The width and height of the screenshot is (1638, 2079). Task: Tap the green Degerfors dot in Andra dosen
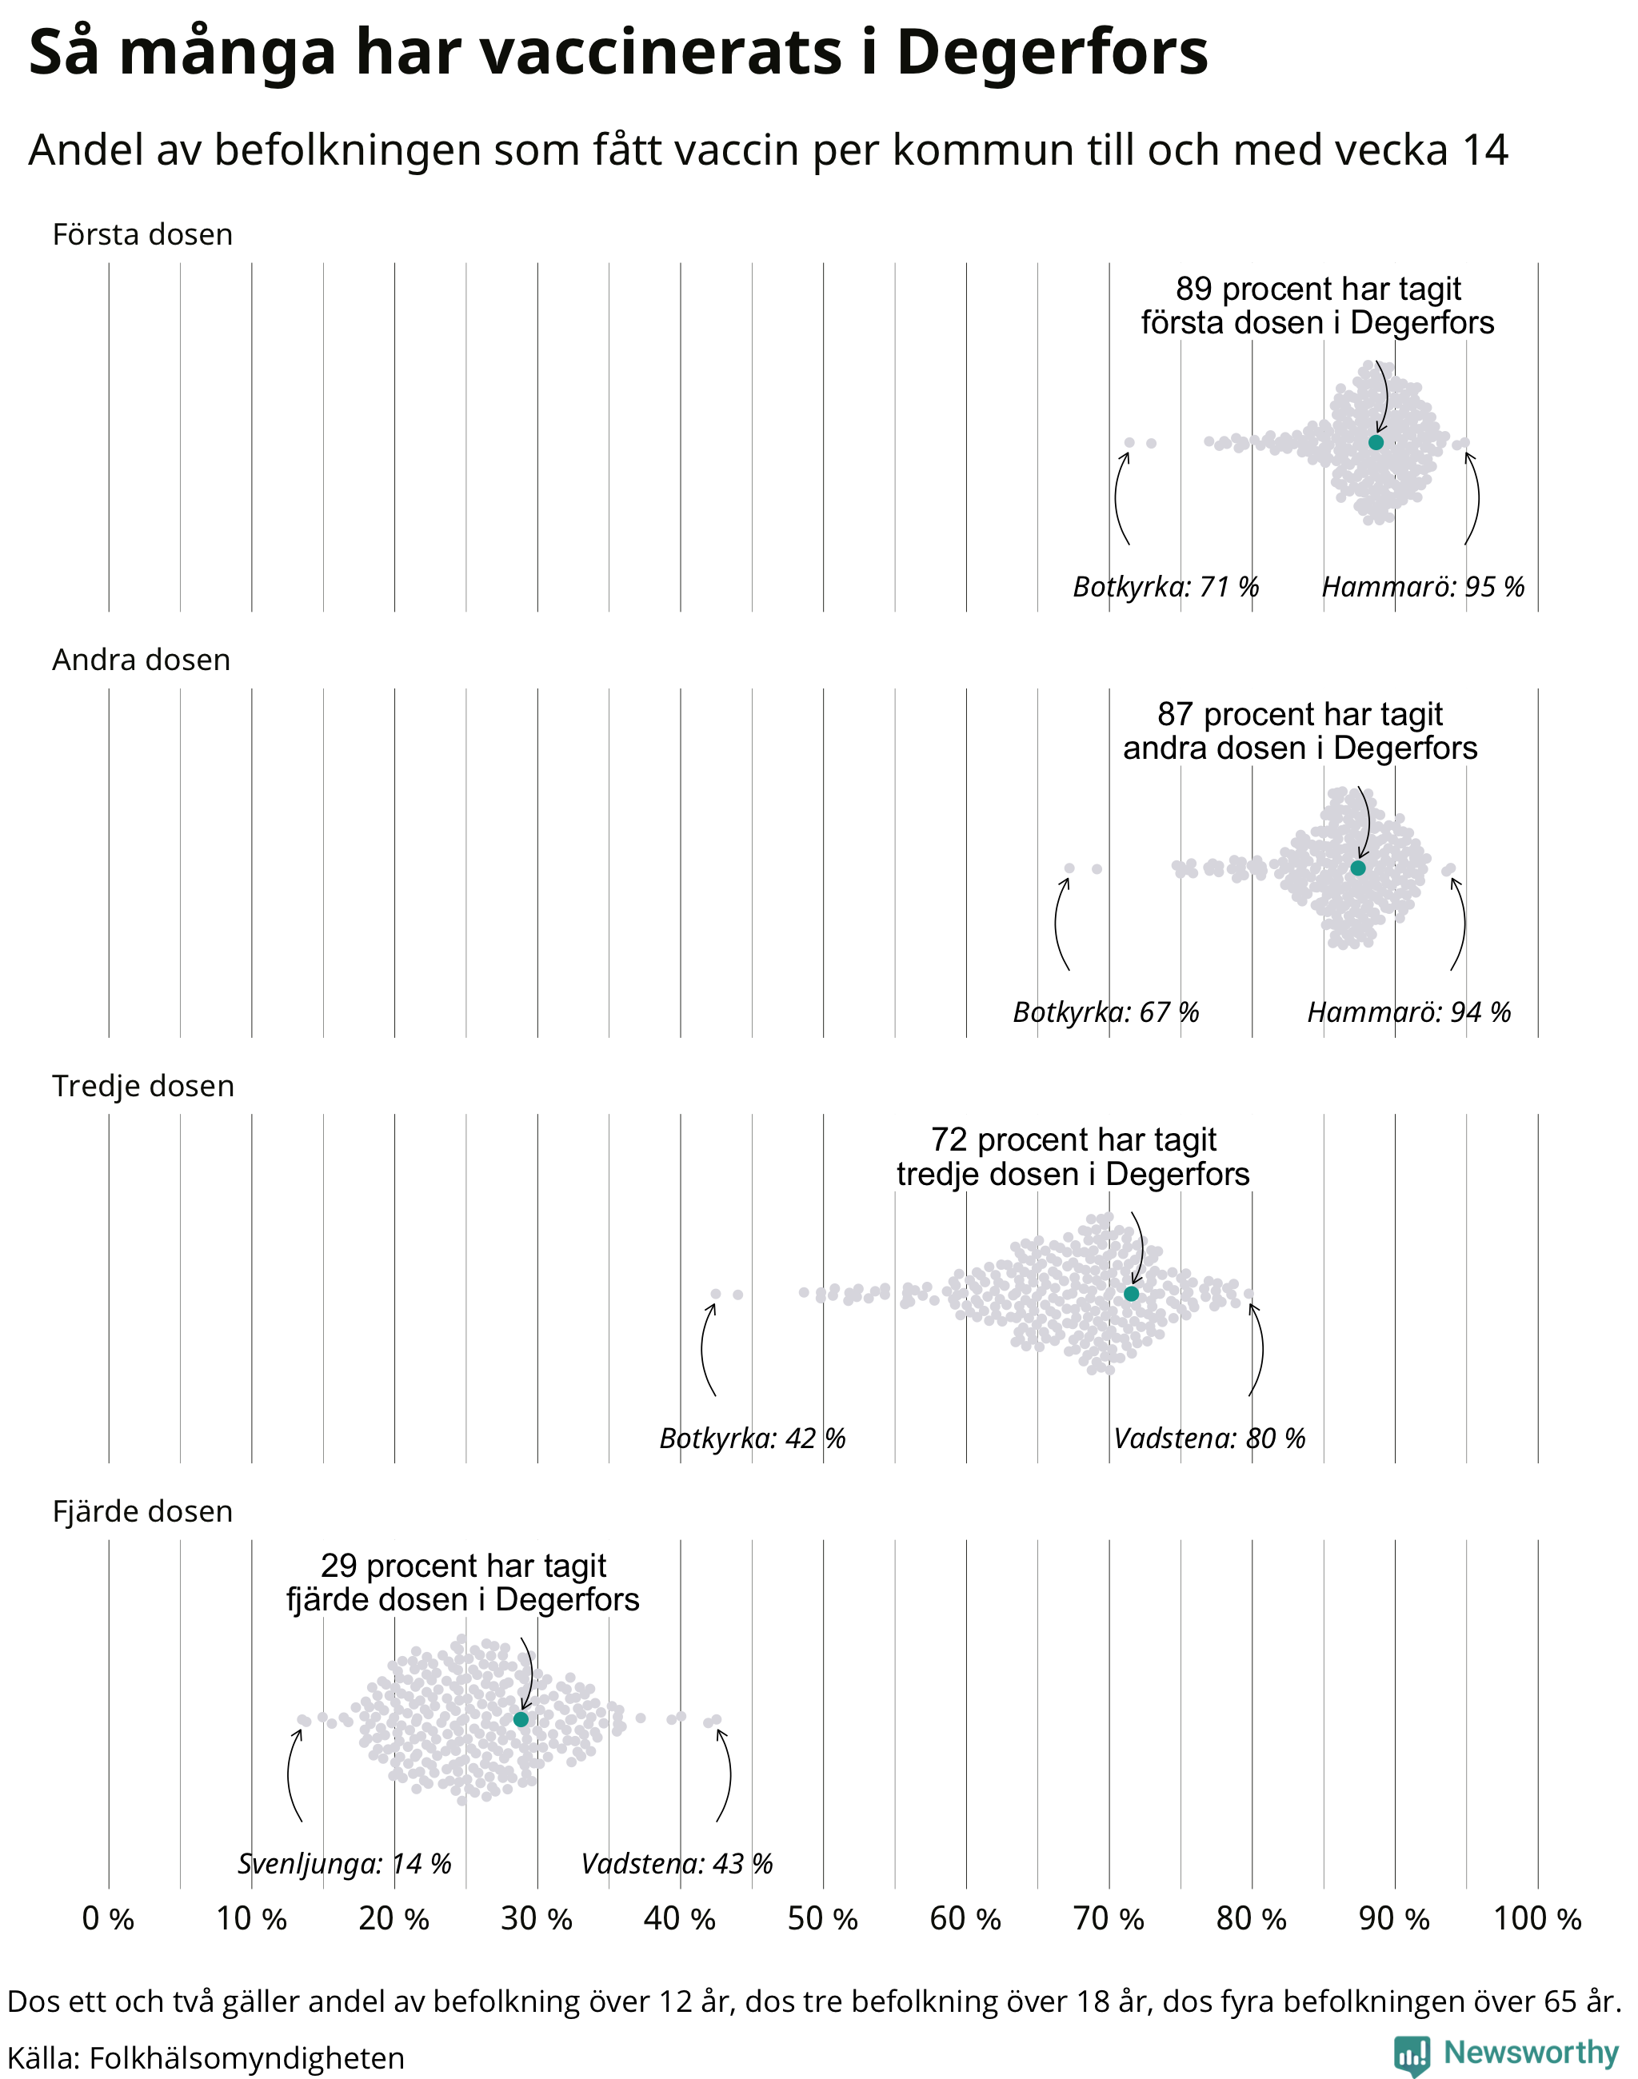coord(1357,868)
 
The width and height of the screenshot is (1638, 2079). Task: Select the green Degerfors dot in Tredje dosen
coord(1131,1294)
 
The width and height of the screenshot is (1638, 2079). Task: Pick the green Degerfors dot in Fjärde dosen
coord(521,1719)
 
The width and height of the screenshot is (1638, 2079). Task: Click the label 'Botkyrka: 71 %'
coord(1165,586)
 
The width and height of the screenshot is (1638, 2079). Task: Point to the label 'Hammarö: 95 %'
coord(1423,586)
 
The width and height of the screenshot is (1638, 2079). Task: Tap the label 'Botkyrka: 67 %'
coord(1106,1012)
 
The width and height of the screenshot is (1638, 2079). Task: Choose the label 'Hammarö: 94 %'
coord(1408,1012)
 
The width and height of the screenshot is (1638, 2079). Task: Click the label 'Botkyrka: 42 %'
coord(753,1439)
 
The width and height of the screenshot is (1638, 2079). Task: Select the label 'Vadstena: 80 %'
coord(1209,1439)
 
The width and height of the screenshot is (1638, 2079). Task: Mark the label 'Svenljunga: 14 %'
coord(344,1864)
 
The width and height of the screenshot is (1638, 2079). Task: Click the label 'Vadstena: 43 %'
coord(677,1864)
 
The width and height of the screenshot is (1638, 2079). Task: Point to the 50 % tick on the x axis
coord(823,1919)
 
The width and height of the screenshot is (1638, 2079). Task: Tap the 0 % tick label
coord(108,1919)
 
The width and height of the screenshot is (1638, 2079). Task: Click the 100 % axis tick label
coord(1537,1919)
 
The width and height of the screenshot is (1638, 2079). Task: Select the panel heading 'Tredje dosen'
coord(143,1086)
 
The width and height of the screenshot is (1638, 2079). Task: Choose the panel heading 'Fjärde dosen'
coord(143,1511)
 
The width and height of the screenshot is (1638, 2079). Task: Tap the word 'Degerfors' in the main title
coord(1052,52)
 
